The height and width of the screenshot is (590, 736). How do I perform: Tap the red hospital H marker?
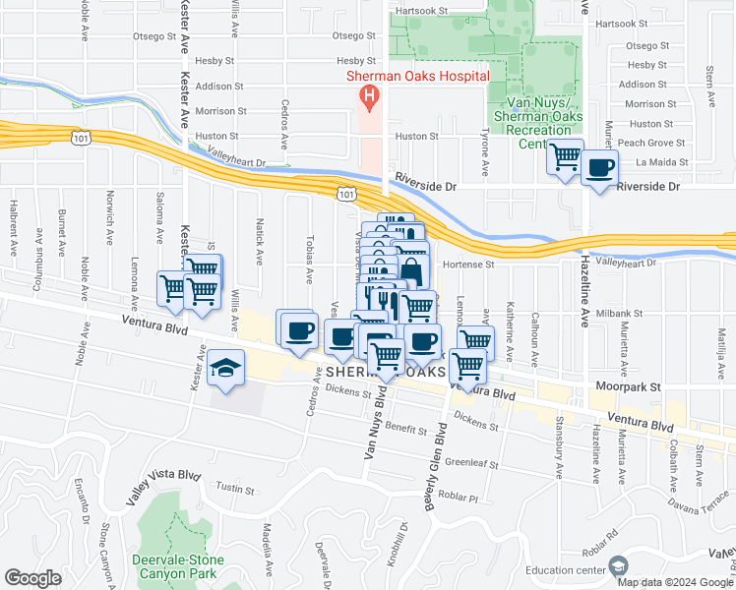pyautogui.click(x=370, y=95)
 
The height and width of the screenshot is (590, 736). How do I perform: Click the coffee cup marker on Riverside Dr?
pyautogui.click(x=598, y=167)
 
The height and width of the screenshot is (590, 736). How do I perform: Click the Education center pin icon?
pyautogui.click(x=617, y=566)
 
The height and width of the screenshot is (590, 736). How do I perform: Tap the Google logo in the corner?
pyautogui.click(x=32, y=577)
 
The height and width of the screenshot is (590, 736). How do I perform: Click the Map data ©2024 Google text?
pyautogui.click(x=675, y=582)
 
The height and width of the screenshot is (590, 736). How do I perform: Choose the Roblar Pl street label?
pyautogui.click(x=458, y=497)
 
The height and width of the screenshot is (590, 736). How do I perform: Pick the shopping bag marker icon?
pyautogui.click(x=412, y=271)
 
